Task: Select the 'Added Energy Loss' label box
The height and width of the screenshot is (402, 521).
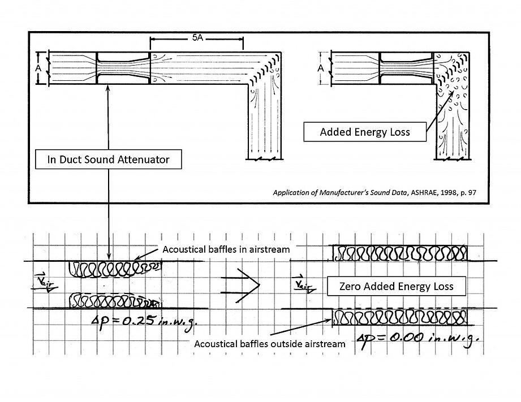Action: point(364,132)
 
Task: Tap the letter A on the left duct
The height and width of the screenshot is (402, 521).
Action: point(39,68)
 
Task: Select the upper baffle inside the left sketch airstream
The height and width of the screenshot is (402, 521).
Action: point(107,269)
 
